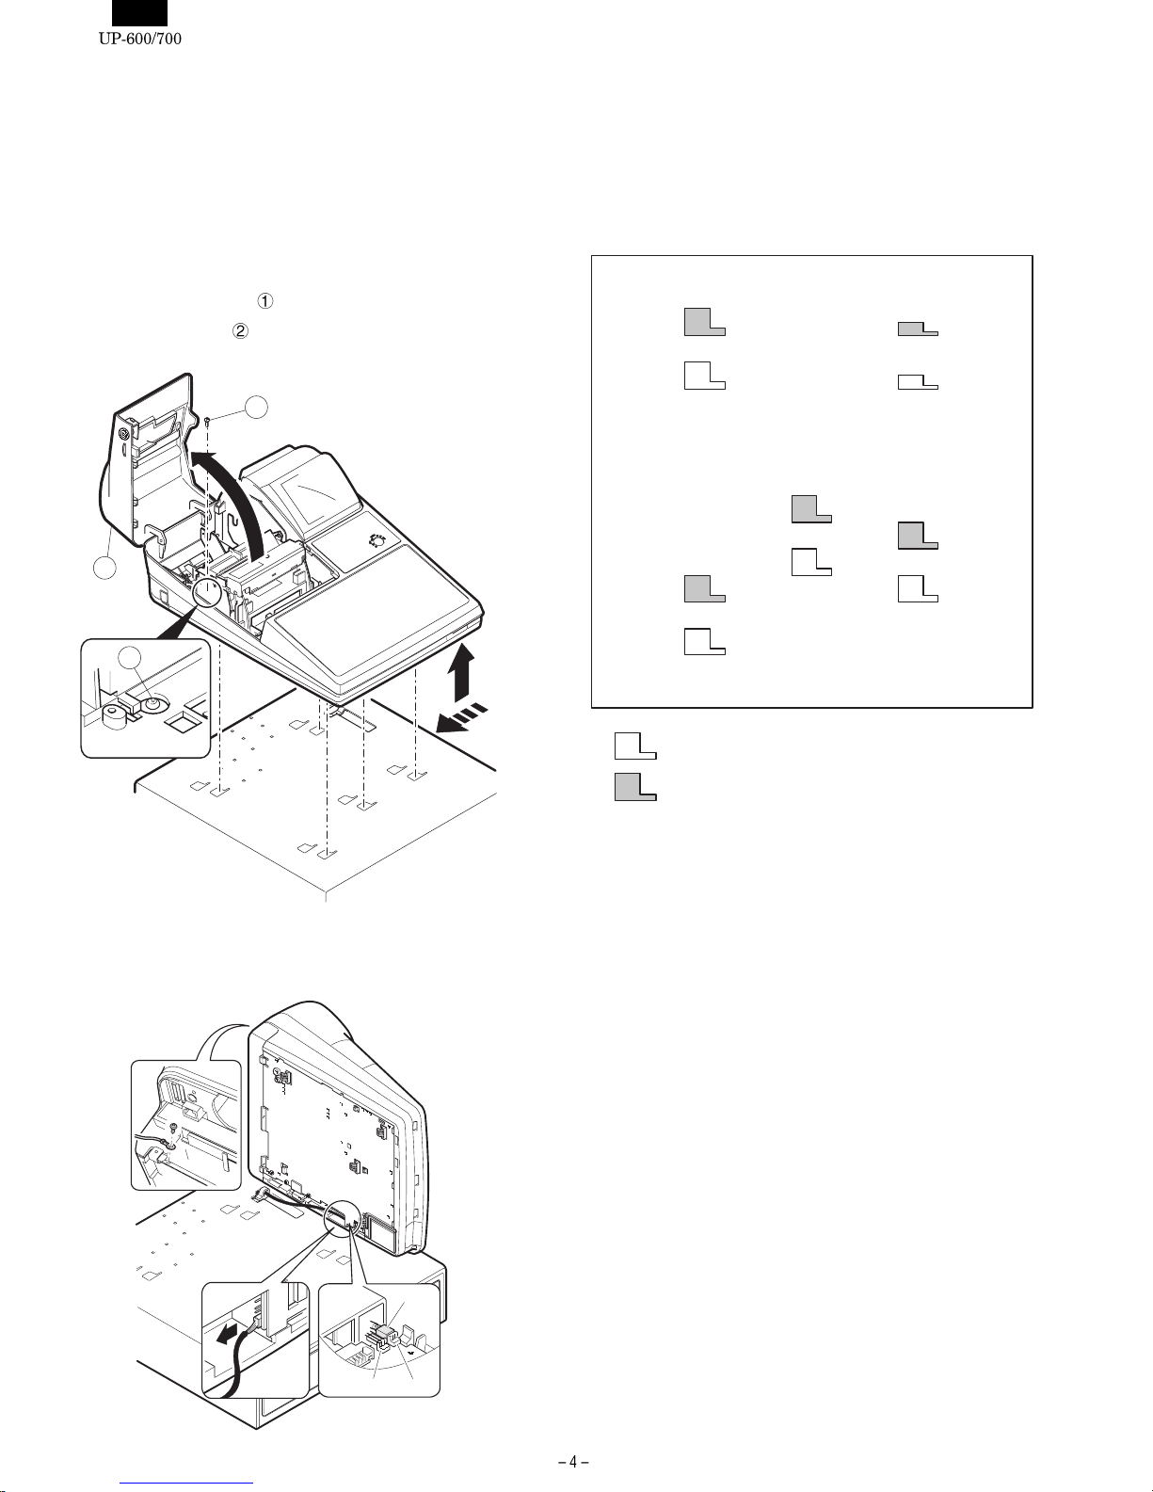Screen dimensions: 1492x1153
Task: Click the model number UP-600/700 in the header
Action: point(139,39)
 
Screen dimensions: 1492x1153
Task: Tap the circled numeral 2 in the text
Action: point(240,330)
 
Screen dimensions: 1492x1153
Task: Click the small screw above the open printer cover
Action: point(207,421)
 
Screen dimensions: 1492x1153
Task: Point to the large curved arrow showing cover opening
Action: point(235,489)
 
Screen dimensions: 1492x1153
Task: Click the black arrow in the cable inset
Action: point(225,1337)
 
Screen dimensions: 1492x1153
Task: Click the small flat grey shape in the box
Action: point(918,329)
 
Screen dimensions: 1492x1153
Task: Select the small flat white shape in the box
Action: point(918,381)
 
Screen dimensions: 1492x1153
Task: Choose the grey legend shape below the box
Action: point(634,786)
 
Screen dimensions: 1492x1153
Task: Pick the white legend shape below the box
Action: point(634,746)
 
